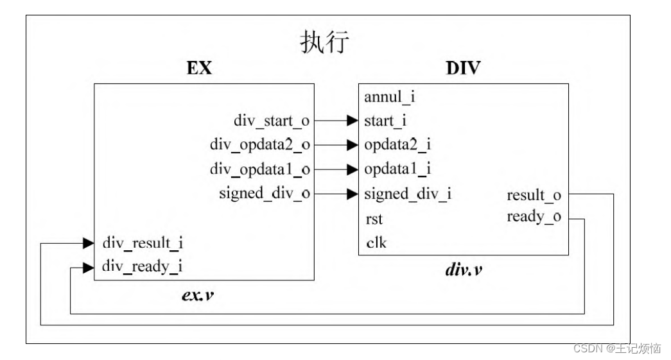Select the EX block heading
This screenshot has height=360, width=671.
coord(200,68)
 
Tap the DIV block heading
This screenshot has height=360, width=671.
coord(462,68)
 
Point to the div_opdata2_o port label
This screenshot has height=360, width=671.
coord(260,144)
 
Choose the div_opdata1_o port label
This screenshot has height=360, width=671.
coord(260,169)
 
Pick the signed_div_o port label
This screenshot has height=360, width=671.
coord(265,193)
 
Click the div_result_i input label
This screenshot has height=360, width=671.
coord(143,243)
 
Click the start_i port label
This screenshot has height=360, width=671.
coord(385,120)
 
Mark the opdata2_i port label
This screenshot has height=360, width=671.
coord(397,144)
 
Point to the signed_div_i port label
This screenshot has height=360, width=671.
coord(407,193)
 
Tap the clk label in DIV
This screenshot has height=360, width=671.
coord(376,243)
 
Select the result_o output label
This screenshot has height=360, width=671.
coord(534,194)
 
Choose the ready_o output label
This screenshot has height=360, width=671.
coord(534,217)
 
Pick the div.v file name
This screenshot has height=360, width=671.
coord(464,270)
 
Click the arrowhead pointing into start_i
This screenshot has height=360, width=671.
coord(351,120)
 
